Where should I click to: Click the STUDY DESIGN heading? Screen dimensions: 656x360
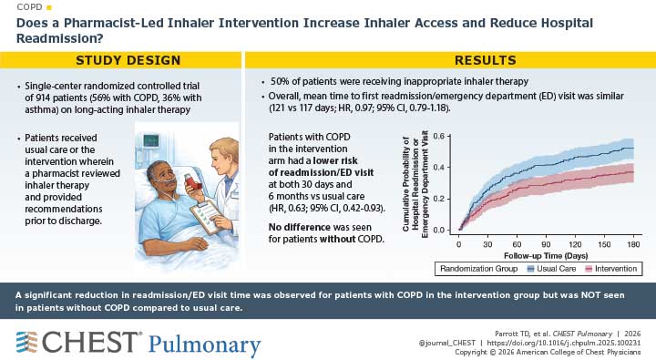(x=128, y=60)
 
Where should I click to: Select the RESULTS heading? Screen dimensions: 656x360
(x=486, y=60)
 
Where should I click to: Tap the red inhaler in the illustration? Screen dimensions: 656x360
(x=192, y=180)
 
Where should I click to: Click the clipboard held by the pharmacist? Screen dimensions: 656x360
(x=208, y=217)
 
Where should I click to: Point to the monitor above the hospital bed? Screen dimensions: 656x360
(x=149, y=140)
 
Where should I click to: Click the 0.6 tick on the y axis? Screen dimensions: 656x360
(x=438, y=136)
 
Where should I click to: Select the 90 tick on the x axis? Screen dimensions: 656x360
(x=546, y=245)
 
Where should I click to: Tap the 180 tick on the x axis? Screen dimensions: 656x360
(x=633, y=245)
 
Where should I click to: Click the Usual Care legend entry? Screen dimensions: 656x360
(x=552, y=269)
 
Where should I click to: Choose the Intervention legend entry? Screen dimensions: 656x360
(x=611, y=269)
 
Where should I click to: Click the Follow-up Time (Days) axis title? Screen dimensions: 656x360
(x=546, y=256)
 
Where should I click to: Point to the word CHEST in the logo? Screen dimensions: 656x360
(x=90, y=343)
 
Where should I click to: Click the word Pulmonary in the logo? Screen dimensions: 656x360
(x=205, y=345)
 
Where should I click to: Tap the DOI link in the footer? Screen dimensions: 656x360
(x=564, y=344)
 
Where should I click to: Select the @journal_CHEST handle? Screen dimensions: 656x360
(x=446, y=344)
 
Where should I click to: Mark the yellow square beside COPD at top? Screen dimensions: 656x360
(x=49, y=7)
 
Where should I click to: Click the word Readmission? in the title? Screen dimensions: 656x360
(x=60, y=38)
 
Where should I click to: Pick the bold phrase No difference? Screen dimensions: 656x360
(x=300, y=227)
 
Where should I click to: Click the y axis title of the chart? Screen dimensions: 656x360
(x=415, y=184)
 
